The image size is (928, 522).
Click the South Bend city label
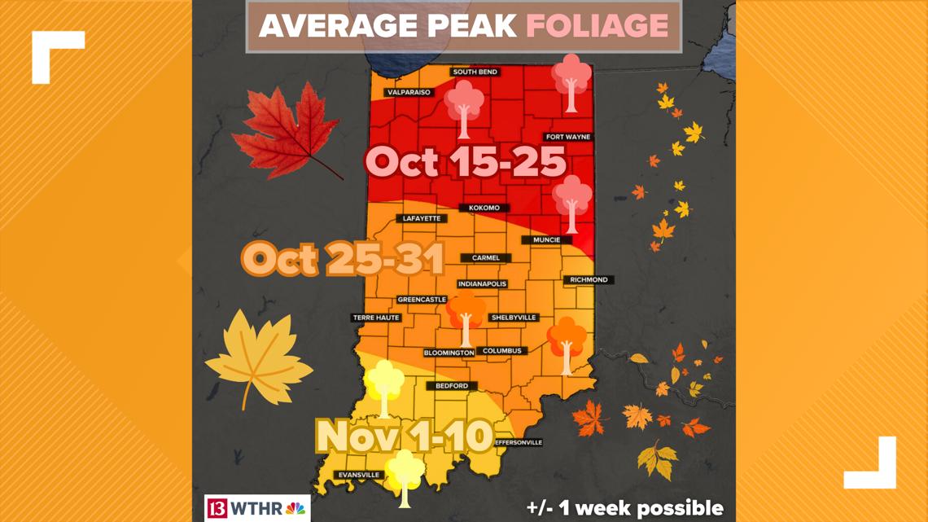tap(475, 72)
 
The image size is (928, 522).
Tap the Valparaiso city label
tap(409, 93)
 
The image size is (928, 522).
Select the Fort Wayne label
tap(568, 137)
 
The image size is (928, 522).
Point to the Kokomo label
tap(484, 208)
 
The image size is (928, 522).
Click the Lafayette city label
tap(421, 218)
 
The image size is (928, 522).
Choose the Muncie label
tap(546, 240)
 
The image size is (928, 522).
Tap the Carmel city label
tap(486, 258)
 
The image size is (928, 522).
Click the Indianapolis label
tap(482, 284)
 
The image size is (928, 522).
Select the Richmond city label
tap(589, 280)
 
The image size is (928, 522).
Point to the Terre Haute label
tap(377, 318)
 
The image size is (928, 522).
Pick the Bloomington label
tap(449, 353)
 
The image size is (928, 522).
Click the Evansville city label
tap(359, 475)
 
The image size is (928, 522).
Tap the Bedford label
tap(452, 386)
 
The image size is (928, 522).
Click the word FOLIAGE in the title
tap(597, 26)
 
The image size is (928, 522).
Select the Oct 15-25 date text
tap(466, 162)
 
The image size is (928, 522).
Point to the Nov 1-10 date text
tap(405, 436)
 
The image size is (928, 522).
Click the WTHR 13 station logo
tap(256, 508)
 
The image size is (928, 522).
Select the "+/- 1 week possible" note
tap(624, 508)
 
